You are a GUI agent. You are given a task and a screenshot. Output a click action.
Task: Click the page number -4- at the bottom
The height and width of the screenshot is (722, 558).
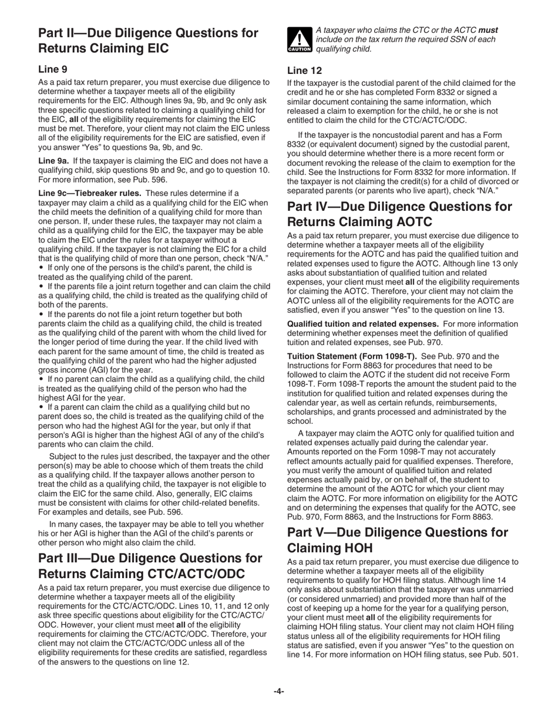[x=278, y=691]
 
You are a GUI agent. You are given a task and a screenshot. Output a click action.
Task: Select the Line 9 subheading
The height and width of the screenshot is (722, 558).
[x=53, y=69]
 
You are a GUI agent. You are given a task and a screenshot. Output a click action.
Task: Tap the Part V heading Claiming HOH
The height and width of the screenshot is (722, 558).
[x=397, y=540]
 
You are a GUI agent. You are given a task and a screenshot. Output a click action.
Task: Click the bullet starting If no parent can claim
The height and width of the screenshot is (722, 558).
[x=153, y=389]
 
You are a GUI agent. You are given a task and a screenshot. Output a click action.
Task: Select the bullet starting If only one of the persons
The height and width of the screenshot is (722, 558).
[x=147, y=272]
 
